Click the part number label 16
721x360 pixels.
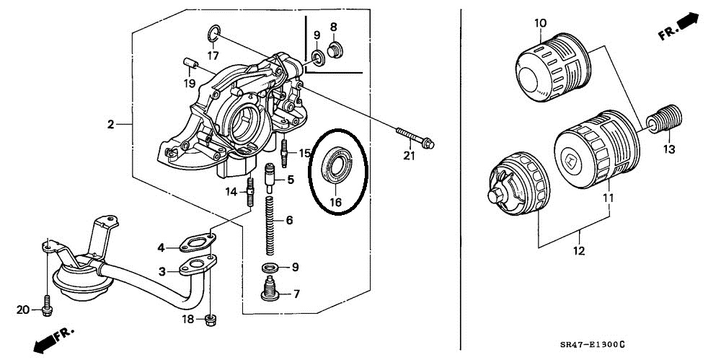[336, 202]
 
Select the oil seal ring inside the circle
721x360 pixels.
[337, 164]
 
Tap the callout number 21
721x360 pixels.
[409, 156]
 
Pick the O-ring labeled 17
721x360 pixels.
[213, 32]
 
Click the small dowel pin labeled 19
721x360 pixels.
[190, 63]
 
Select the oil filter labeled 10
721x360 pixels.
[552, 67]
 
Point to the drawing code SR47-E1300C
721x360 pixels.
[593, 344]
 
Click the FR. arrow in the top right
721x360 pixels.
[678, 27]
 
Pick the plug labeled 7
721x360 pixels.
[271, 289]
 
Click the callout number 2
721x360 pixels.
[110, 124]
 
